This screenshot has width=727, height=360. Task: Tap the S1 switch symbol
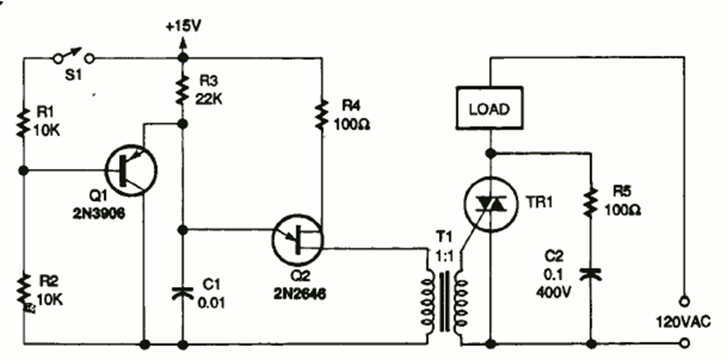pyautogui.click(x=72, y=57)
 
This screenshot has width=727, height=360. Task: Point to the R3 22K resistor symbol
pyautogui.click(x=181, y=93)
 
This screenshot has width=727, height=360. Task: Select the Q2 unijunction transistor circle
pyautogui.click(x=299, y=239)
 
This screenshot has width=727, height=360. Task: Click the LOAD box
pyautogui.click(x=489, y=108)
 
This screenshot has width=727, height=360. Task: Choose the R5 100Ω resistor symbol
pyautogui.click(x=589, y=203)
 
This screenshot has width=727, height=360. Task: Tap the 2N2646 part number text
pyautogui.click(x=299, y=290)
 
